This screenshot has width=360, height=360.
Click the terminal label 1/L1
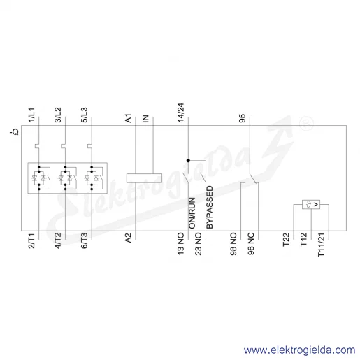[31, 115]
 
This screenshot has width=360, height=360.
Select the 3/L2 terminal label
[58, 115]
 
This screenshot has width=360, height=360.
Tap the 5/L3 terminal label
[84, 115]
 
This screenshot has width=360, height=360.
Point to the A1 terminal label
[129, 118]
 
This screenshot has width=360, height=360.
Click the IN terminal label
[145, 119]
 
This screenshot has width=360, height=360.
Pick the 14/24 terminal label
[181, 113]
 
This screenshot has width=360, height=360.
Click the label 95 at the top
[243, 118]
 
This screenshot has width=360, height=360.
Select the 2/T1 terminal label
[31, 240]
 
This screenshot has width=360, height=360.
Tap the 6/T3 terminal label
[84, 240]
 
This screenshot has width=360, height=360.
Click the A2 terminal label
[129, 238]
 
